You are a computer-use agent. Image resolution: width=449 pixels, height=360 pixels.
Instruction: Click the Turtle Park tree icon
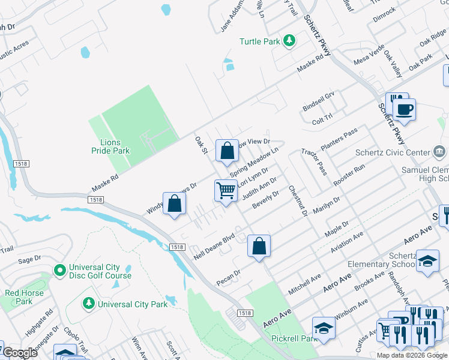[x=290, y=41]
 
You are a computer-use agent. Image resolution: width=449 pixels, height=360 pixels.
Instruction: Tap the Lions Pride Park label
[x=112, y=146]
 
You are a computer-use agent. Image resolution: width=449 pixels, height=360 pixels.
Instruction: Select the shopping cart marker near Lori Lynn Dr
[x=226, y=190]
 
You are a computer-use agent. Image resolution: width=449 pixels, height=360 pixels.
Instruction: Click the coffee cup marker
[x=404, y=110]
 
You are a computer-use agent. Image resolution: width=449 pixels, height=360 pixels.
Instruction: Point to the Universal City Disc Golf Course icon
[x=59, y=271]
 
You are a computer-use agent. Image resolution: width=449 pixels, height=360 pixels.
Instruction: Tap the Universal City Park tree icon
[x=89, y=304]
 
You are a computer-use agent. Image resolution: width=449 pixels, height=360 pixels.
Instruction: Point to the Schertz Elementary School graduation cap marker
[x=427, y=261]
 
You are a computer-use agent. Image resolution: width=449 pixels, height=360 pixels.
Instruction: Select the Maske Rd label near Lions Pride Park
[x=106, y=178]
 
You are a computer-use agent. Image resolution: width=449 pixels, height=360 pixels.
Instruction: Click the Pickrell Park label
[x=293, y=339]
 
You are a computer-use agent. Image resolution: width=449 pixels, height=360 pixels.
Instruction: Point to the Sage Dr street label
[x=29, y=259]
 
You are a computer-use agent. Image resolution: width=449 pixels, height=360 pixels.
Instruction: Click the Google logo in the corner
[x=20, y=353]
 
